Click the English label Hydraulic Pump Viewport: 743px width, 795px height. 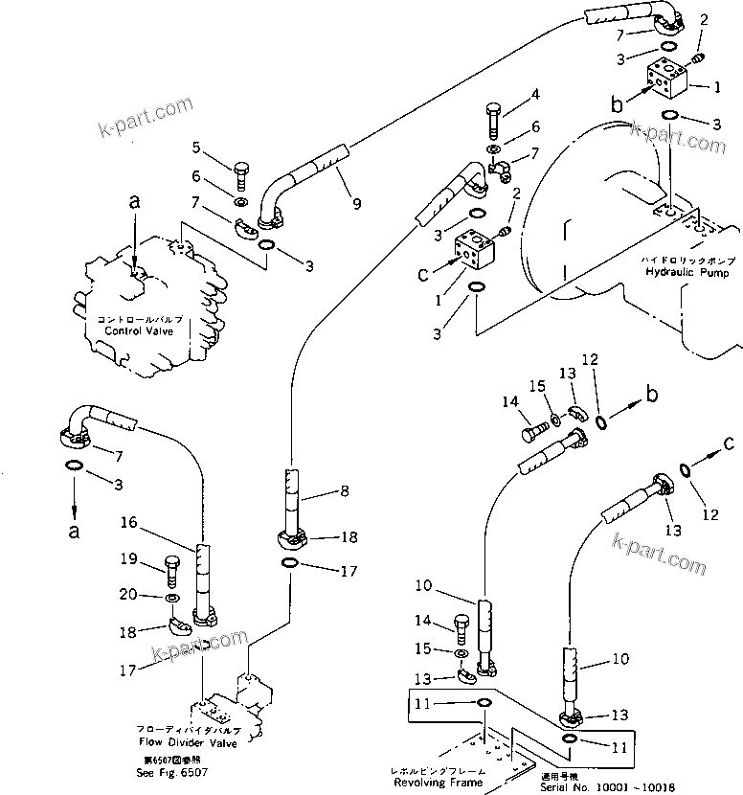[x=674, y=272]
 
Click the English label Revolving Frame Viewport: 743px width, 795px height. [x=439, y=782]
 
